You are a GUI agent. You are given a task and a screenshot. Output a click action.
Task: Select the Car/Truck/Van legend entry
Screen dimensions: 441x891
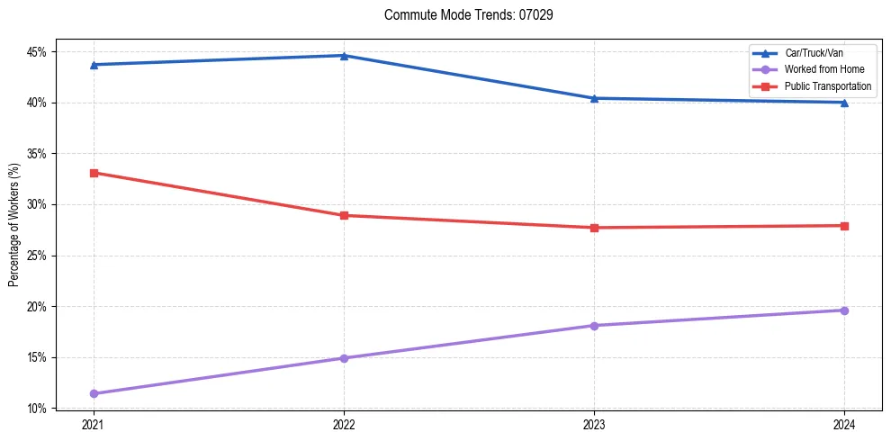[814, 53]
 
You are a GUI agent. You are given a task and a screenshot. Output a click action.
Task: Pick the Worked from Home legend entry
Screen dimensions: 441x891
[823, 69]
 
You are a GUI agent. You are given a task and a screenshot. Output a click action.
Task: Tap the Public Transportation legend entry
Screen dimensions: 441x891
[828, 86]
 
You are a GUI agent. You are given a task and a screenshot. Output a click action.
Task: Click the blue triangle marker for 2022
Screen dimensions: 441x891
[344, 56]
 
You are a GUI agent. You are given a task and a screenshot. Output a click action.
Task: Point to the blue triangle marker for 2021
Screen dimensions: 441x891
[94, 65]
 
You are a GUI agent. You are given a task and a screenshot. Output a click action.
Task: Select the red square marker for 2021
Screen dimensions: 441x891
[94, 173]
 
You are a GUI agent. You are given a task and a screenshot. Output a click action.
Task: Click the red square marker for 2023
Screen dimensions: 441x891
[594, 228]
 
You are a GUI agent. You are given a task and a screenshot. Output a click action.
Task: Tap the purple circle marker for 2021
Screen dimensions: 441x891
[94, 393]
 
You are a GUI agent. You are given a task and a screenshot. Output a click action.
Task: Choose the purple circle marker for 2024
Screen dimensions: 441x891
[844, 310]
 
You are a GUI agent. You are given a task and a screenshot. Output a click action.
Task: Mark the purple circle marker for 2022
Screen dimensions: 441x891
[344, 358]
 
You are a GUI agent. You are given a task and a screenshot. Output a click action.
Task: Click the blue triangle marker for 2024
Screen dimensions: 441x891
[844, 103]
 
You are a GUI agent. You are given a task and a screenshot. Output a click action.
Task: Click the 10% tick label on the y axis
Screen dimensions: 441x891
[37, 409]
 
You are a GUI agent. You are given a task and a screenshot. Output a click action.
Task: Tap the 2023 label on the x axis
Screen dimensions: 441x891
[594, 424]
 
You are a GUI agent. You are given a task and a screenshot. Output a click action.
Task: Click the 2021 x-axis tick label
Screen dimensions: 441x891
[94, 424]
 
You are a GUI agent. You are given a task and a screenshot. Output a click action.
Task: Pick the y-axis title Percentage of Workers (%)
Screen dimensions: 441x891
[13, 225]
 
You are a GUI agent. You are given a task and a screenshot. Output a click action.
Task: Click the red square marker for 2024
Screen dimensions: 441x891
[844, 226]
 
